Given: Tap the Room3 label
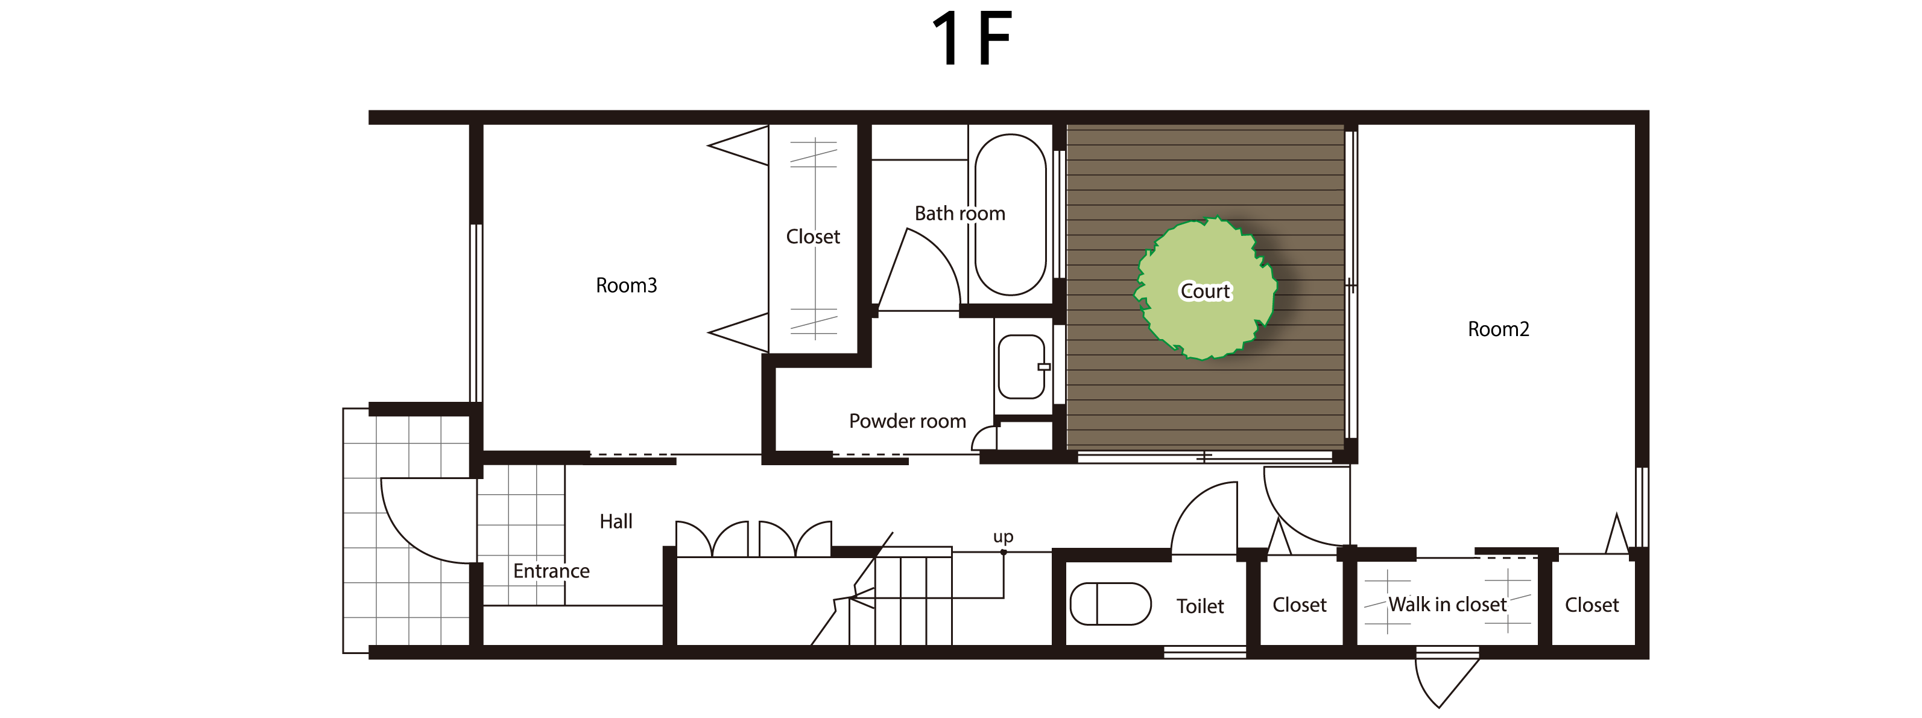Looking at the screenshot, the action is (626, 286).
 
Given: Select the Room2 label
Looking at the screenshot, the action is (1498, 329).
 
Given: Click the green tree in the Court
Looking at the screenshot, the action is (1205, 289).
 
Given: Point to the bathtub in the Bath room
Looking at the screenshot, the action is (1011, 215).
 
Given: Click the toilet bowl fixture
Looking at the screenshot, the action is (1110, 604).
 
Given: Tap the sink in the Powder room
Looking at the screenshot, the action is (1022, 366).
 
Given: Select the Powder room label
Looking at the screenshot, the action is (907, 422).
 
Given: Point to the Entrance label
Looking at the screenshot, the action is (551, 571).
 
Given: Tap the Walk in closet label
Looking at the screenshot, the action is (1447, 605).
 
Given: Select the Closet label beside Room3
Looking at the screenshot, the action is (812, 237).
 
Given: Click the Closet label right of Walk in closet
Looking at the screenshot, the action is (1592, 605).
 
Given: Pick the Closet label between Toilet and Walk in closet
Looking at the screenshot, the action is (1299, 605).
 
